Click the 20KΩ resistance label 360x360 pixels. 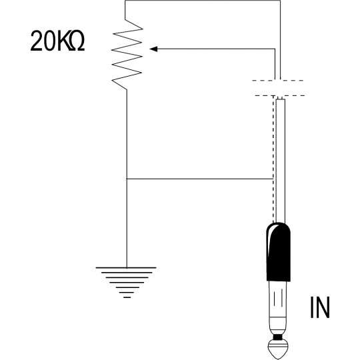pyautogui.click(x=57, y=41)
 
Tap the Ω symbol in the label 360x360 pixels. pyautogui.click(x=77, y=41)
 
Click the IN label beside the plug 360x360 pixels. pyautogui.click(x=320, y=307)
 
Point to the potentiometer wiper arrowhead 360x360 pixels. pyautogui.click(x=153, y=49)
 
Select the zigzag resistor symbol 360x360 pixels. pyautogui.click(x=127, y=55)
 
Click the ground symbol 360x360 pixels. pyautogui.click(x=126, y=283)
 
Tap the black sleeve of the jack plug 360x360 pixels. pyautogui.click(x=278, y=252)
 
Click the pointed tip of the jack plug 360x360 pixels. pyautogui.click(x=278, y=358)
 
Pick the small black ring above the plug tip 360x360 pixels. pyautogui.click(x=278, y=337)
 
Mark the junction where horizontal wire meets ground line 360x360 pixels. pyautogui.click(x=127, y=179)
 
